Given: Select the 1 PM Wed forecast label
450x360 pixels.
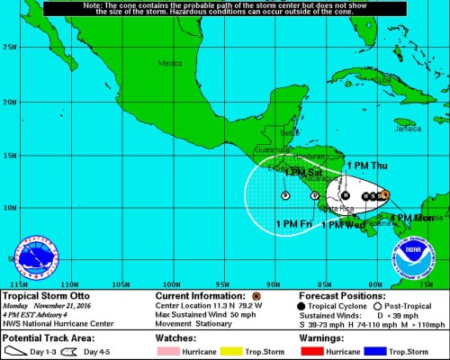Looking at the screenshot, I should click(343, 225).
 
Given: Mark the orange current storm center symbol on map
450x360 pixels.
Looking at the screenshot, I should click(384, 194).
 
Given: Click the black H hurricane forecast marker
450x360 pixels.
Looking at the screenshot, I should click(345, 194).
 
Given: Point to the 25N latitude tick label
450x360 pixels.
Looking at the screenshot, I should click(10, 47).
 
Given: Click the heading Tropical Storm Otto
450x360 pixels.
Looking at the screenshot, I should click(45, 295).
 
